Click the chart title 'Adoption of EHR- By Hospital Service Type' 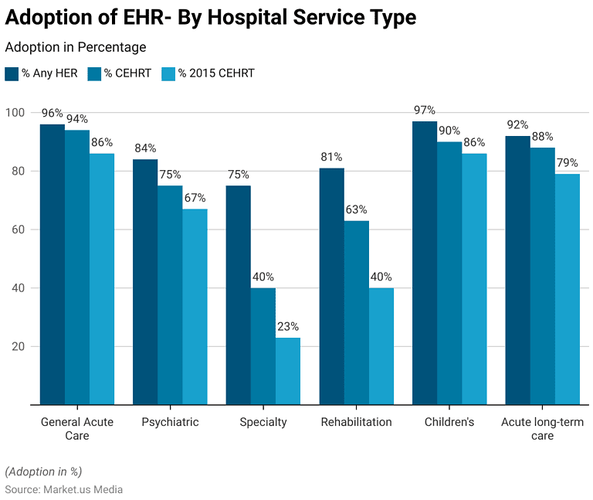coord(211,18)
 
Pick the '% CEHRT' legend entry coord(124,73)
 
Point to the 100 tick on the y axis coord(15,113)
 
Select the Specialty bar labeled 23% coord(288,371)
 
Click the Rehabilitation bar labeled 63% coord(357,312)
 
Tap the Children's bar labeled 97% coord(425,263)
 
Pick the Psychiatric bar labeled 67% coord(195,306)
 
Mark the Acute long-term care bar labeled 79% coord(567,289)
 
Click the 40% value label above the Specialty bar coord(263,277)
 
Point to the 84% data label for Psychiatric coord(145,148)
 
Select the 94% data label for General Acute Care coord(77,119)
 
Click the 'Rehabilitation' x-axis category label coord(357,422)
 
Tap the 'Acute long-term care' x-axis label coord(542,428)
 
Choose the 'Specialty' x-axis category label coord(263,422)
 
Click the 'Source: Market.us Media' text coord(64,489)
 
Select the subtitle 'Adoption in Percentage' coord(76,48)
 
